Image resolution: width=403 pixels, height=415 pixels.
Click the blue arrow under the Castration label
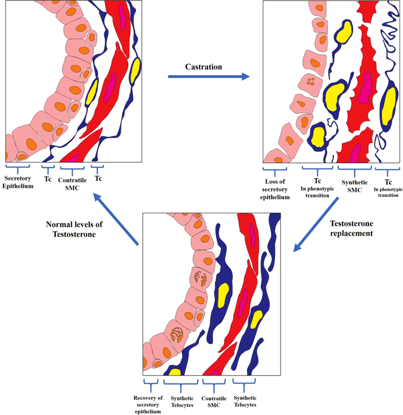(209, 77)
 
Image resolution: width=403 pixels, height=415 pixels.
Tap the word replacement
(351, 233)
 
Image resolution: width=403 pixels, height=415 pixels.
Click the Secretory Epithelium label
(18, 182)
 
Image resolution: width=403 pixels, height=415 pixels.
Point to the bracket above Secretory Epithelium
(18, 167)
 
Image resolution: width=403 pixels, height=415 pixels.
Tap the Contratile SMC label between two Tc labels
(72, 184)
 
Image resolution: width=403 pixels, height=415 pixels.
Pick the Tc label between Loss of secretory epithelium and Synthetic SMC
(317, 181)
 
